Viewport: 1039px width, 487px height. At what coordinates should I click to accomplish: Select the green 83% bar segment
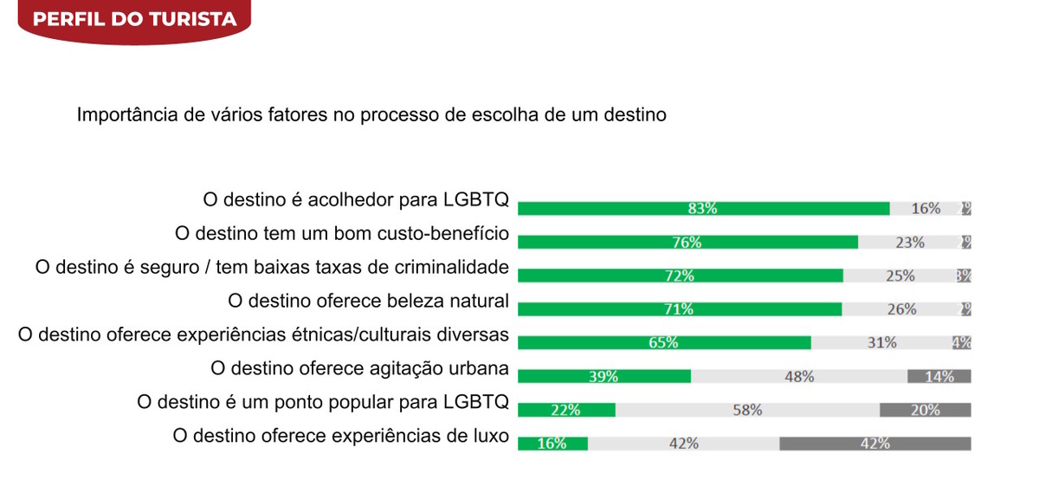pyautogui.click(x=703, y=208)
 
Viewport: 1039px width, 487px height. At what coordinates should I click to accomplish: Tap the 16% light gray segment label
pyautogui.click(x=926, y=208)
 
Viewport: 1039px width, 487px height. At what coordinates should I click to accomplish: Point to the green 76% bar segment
pyautogui.click(x=687, y=243)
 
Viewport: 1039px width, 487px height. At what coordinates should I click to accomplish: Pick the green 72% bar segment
pyautogui.click(x=680, y=276)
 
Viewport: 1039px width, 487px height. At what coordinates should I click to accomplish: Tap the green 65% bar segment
pyautogui.click(x=664, y=342)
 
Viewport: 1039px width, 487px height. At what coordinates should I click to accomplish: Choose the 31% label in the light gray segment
pyautogui.click(x=881, y=342)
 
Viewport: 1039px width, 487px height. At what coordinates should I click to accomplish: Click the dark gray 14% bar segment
pyautogui.click(x=939, y=376)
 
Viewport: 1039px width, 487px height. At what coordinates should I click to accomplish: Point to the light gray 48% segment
pyautogui.click(x=799, y=376)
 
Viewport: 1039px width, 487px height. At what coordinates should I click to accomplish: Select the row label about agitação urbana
pyautogui.click(x=359, y=367)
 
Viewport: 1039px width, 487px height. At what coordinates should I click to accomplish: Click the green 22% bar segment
pyautogui.click(x=566, y=410)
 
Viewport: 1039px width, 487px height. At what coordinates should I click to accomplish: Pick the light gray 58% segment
pyautogui.click(x=747, y=410)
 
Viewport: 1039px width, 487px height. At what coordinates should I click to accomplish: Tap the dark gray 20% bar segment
pyautogui.click(x=925, y=410)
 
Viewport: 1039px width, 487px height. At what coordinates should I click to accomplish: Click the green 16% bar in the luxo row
pyautogui.click(x=552, y=443)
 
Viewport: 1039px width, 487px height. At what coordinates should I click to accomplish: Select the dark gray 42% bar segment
pyautogui.click(x=874, y=443)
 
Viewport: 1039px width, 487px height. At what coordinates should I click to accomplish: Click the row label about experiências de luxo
pyautogui.click(x=341, y=435)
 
